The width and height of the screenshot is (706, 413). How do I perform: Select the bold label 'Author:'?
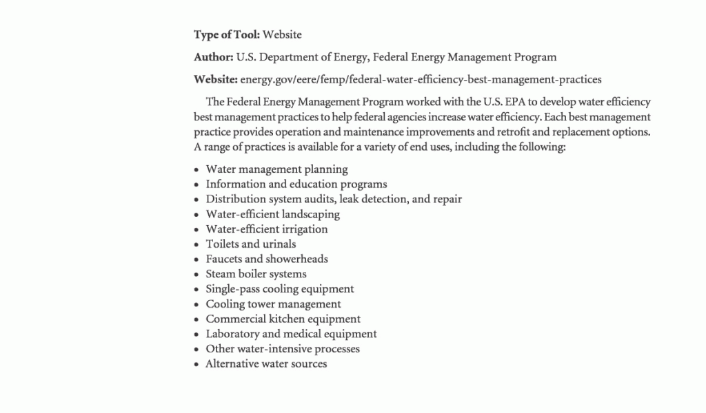pyautogui.click(x=214, y=56)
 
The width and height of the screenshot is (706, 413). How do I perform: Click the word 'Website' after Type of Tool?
pyautogui.click(x=283, y=34)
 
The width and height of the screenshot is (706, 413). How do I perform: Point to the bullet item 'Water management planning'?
pyautogui.click(x=276, y=169)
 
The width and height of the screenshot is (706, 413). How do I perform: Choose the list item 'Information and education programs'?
pyautogui.click(x=296, y=184)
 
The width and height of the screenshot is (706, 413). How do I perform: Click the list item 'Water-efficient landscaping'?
pyautogui.click(x=272, y=214)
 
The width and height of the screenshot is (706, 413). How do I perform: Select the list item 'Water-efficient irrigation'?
pyautogui.click(x=267, y=229)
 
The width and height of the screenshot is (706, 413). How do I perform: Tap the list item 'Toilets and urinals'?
pyautogui.click(x=250, y=244)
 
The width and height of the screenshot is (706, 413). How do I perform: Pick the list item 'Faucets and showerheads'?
pyautogui.click(x=267, y=260)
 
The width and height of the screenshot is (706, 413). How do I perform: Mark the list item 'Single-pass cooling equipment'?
pyautogui.click(x=279, y=289)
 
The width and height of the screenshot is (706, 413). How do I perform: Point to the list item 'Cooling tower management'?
pyautogui.click(x=273, y=304)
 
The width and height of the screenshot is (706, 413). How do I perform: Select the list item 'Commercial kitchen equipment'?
pyautogui.click(x=283, y=319)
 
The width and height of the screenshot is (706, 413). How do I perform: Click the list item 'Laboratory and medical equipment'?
pyautogui.click(x=291, y=335)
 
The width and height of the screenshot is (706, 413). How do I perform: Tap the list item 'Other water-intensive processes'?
pyautogui.click(x=283, y=349)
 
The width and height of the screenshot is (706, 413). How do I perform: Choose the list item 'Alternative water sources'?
pyautogui.click(x=266, y=364)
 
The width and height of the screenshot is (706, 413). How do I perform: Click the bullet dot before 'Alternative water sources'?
pyautogui.click(x=196, y=365)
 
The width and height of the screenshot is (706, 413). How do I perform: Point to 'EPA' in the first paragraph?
pyautogui.click(x=516, y=102)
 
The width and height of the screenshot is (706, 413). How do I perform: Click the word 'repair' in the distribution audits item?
pyautogui.click(x=446, y=199)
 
